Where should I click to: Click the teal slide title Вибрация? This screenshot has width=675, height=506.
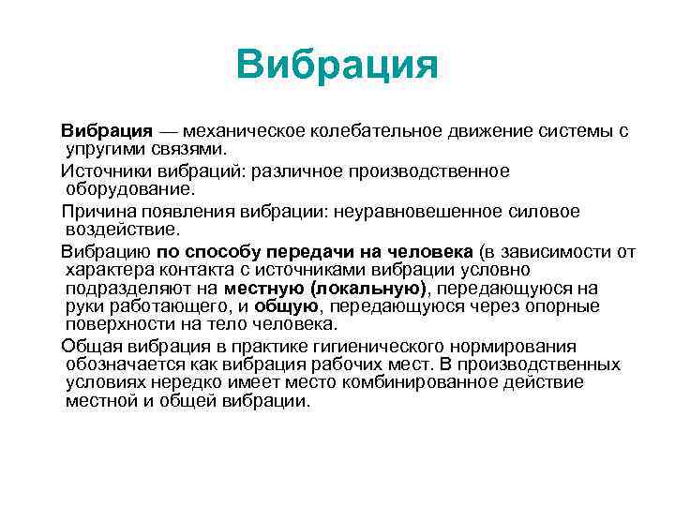pos(337,67)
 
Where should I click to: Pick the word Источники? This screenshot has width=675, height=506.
pos(103,171)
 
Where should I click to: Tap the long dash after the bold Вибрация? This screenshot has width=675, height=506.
pos(171,130)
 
